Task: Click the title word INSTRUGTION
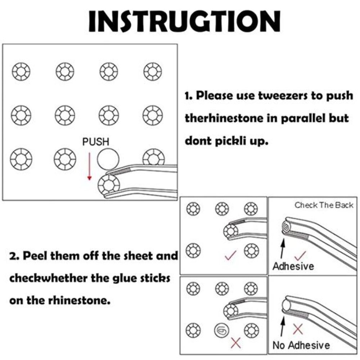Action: click(x=184, y=21)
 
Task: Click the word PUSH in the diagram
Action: click(x=96, y=141)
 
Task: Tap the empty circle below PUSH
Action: click(x=108, y=158)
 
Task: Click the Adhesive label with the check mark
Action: click(x=293, y=266)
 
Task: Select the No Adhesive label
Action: click(x=301, y=346)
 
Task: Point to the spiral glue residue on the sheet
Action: click(x=220, y=329)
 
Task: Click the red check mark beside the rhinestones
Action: click(x=230, y=256)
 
